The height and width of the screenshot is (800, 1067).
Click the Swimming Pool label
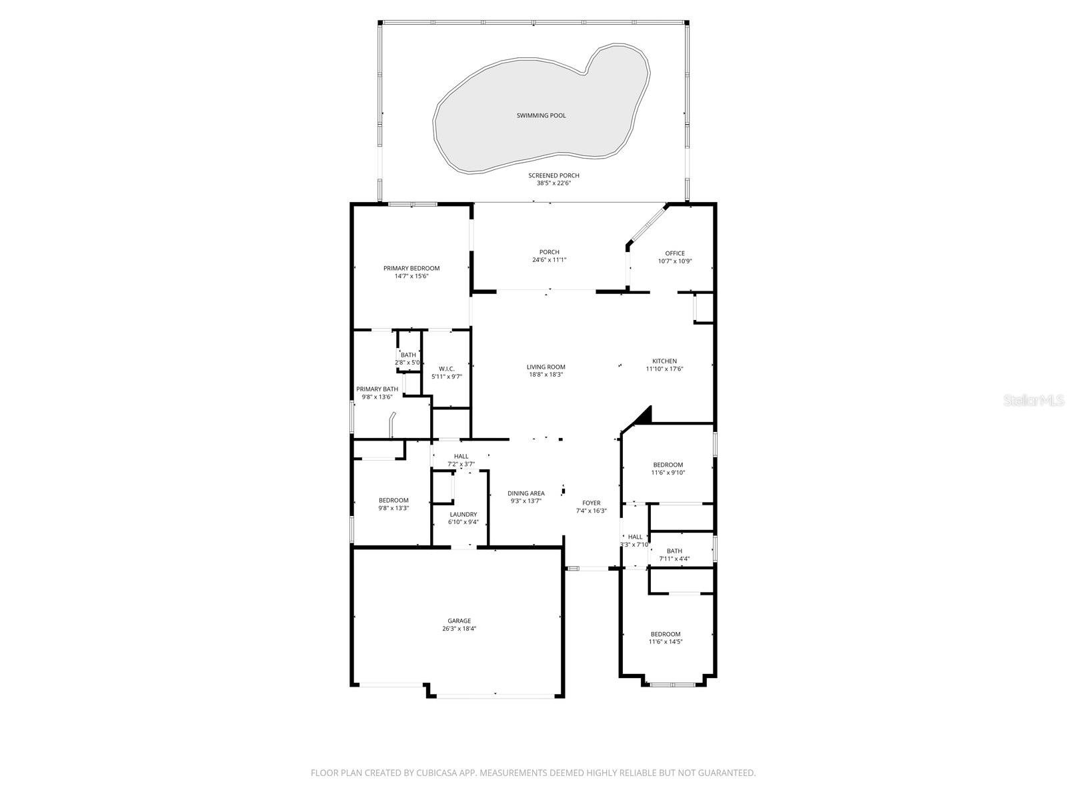[x=541, y=115]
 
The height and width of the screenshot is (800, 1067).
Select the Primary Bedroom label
[x=411, y=268]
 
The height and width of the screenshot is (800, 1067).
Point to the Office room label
[x=675, y=253]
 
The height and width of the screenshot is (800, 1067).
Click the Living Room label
[x=546, y=367]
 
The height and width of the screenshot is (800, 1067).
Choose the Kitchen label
[x=664, y=361]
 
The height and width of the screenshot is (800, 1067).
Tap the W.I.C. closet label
[x=447, y=369]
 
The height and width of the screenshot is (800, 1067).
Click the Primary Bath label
[x=377, y=389]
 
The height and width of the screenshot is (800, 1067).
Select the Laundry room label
[x=463, y=514]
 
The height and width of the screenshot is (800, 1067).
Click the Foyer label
[x=591, y=503]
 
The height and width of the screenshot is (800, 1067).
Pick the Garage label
[x=459, y=621]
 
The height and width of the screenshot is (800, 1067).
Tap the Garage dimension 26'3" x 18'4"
[x=459, y=629]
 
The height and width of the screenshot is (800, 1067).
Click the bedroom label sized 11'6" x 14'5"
[x=666, y=634]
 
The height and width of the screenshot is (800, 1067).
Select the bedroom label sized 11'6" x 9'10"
[x=668, y=465]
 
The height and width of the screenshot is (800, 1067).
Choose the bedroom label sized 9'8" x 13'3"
[x=393, y=500]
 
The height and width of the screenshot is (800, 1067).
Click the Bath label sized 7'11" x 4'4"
[x=674, y=551]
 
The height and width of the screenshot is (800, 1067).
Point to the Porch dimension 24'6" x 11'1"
[x=550, y=260]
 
